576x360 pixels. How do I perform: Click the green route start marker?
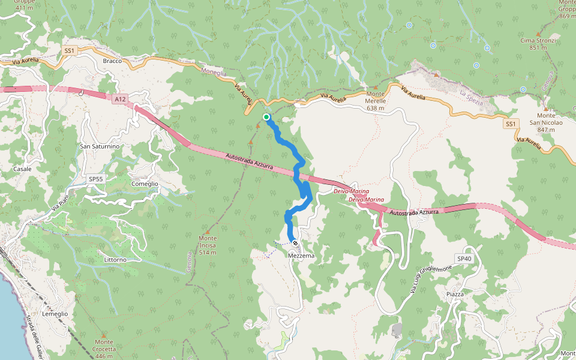coord(266,117)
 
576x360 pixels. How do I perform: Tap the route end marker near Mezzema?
coord(295,243)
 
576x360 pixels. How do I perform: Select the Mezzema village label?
coord(301,256)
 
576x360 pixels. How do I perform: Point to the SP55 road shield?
coord(96,179)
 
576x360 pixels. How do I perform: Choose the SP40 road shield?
coord(464,259)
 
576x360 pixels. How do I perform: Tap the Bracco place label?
coord(112,61)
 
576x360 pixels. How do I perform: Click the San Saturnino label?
coord(100,146)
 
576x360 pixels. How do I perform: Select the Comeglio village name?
coord(145,184)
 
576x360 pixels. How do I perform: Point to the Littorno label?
coord(115,259)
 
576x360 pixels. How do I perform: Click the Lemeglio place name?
coord(55,314)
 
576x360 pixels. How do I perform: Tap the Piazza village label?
coord(455,294)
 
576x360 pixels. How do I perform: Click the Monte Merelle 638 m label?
coord(376,97)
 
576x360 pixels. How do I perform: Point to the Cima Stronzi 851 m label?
coord(538,44)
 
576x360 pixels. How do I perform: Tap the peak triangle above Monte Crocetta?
coord(103,335)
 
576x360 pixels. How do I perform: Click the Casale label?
coord(22,169)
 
